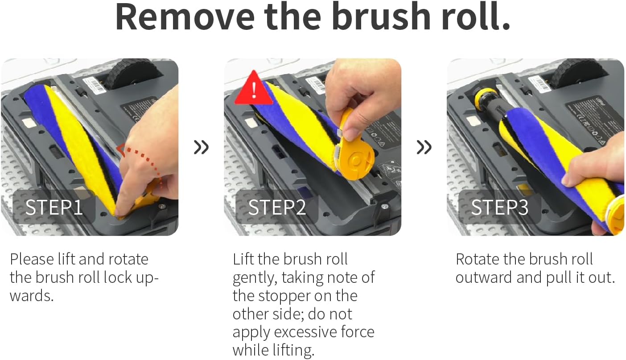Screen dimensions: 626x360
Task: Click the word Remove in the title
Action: coord(185,17)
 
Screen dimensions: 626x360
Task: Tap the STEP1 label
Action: coord(54,207)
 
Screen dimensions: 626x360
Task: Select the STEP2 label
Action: coord(277,207)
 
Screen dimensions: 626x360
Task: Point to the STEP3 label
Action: coord(500,207)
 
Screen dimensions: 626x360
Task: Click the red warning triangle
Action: coord(253,89)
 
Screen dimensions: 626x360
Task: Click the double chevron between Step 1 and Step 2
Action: coord(201,147)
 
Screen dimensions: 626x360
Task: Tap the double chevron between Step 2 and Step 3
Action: coord(424,147)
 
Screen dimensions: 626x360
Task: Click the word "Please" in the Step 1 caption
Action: coord(32,259)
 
